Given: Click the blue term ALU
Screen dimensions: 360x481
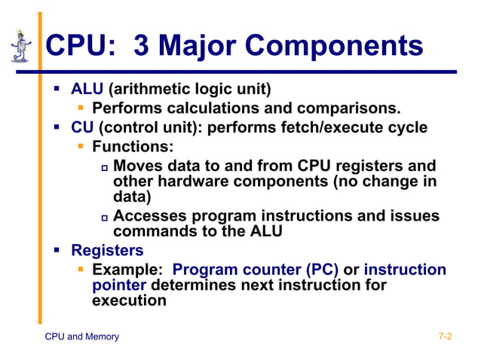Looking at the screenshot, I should pos(87,90).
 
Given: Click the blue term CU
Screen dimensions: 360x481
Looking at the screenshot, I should pos(82,127).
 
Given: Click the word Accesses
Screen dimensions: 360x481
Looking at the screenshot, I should pos(152,216).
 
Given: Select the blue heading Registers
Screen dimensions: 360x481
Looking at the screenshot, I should pos(106,250).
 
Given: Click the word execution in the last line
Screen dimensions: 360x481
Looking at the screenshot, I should pos(128,301).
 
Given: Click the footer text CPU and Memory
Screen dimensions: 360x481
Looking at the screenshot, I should pos(82,337).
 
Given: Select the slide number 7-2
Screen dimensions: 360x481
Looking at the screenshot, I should pos(445,337).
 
